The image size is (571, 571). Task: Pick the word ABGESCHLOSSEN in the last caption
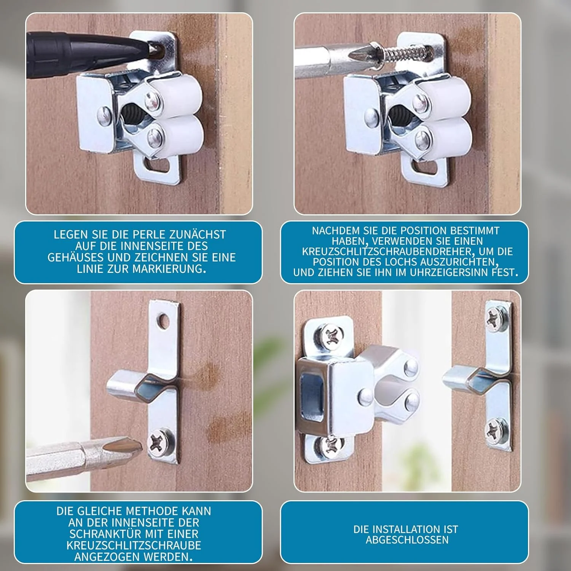coord(407,540)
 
